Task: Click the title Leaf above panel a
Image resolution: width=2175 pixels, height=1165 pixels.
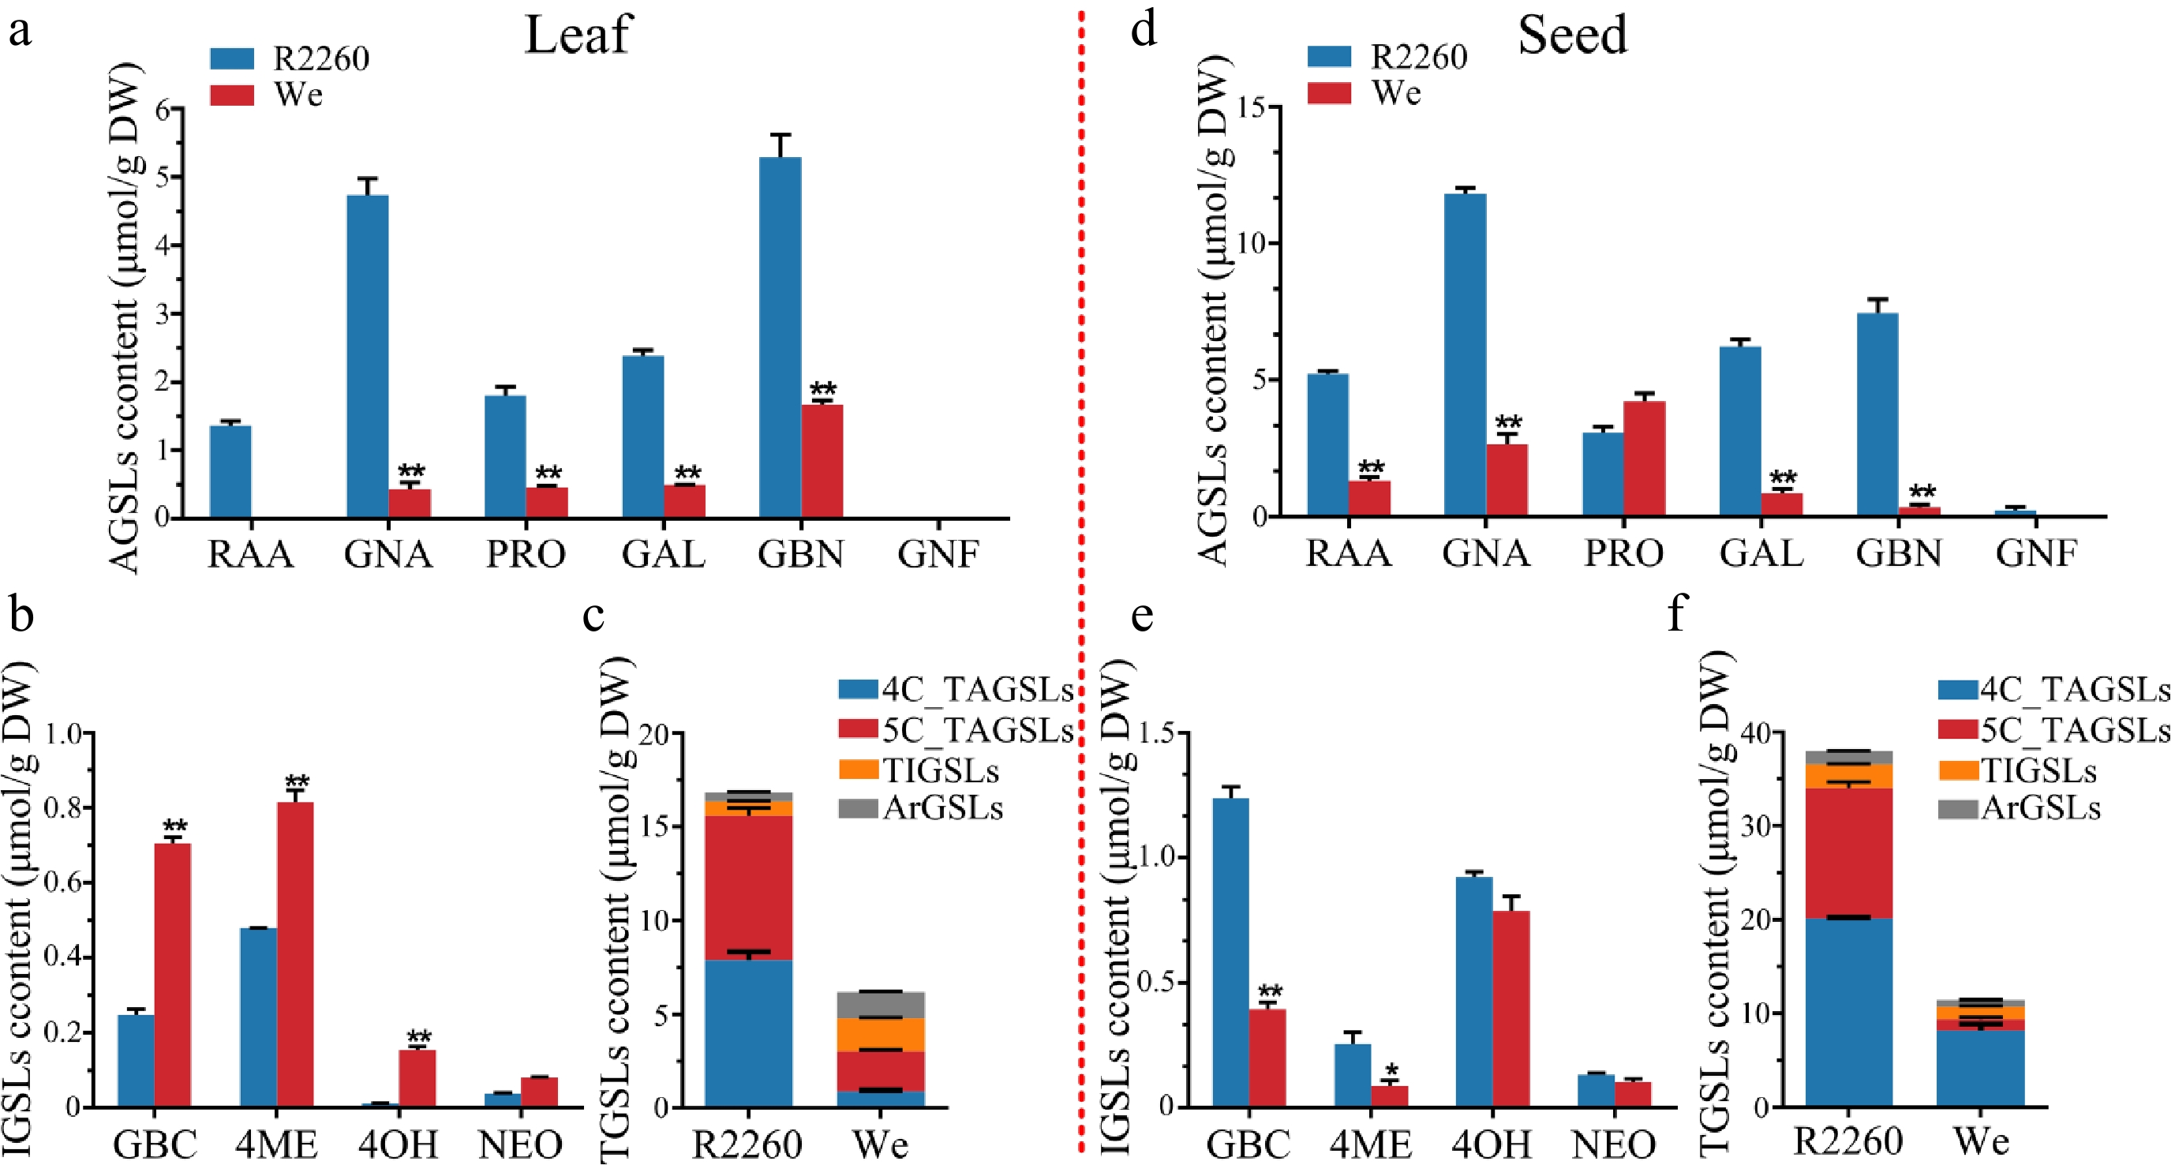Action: (578, 36)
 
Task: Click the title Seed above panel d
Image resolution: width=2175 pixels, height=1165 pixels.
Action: (1572, 36)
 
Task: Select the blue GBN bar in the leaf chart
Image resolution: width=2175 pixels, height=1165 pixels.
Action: (781, 338)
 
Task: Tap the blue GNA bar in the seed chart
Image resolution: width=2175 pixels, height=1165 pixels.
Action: (1465, 354)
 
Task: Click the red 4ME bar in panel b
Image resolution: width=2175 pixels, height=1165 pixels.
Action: (294, 954)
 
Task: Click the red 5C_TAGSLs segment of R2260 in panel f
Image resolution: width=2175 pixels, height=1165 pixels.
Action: (1848, 852)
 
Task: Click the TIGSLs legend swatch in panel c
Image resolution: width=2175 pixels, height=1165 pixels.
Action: (858, 770)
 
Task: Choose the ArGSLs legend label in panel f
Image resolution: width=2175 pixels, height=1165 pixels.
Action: (2041, 809)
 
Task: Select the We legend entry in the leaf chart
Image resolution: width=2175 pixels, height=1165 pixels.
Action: (298, 95)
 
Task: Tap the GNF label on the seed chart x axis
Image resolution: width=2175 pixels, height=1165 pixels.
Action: (2035, 554)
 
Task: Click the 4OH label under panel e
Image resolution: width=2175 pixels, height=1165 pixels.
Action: (1491, 1144)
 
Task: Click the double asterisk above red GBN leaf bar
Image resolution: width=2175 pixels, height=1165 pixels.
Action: (822, 390)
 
